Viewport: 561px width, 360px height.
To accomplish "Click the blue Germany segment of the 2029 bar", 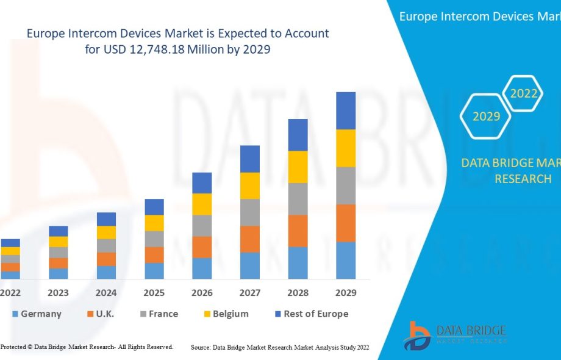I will point(346,261).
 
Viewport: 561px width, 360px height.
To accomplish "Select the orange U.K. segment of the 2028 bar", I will point(298,231).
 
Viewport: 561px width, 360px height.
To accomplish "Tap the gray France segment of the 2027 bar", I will point(250,212).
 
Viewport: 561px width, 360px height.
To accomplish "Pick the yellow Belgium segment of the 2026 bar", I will point(202,204).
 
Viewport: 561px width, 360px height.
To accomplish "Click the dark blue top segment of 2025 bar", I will point(154,207).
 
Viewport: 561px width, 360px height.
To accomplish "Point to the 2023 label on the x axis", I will point(59,293).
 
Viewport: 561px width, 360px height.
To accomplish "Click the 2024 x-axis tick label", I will point(106,293).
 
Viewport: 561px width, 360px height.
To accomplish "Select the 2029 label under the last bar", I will point(346,293).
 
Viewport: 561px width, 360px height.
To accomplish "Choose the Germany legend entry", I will point(36,314).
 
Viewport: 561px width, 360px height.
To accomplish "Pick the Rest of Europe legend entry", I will point(311,314).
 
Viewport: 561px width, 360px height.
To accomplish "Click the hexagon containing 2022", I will point(524,93).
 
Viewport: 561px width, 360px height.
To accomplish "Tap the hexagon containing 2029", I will point(486,116).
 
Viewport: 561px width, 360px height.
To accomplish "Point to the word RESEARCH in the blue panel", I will point(523,179).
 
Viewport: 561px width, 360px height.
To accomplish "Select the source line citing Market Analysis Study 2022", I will point(280,347).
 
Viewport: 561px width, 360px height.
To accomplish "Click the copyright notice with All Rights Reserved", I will point(87,347).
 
